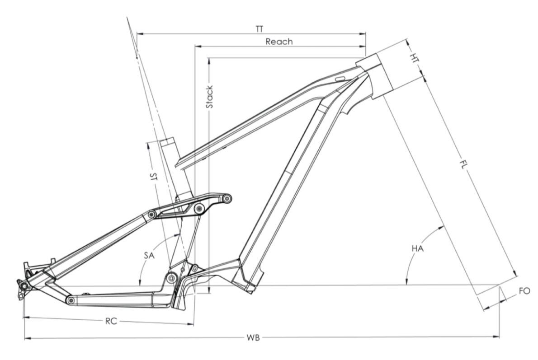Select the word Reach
pos(279,42)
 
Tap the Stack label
pos(209,97)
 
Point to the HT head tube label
pos(413,57)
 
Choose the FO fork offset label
pos(524,291)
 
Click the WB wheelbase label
pos(254,337)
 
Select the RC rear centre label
pos(111,322)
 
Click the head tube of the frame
pos(375,75)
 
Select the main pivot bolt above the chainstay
pos(171,277)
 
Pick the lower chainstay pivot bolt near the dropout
pos(70,300)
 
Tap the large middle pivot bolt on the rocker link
pos(199,208)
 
